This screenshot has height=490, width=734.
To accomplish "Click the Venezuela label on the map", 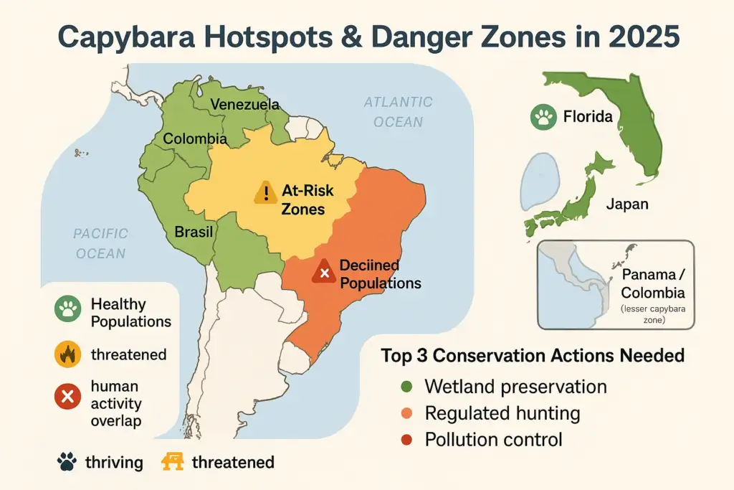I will click(x=244, y=105).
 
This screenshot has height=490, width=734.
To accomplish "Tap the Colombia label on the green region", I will click(x=195, y=139).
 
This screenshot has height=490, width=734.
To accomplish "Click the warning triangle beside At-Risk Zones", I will click(x=265, y=192).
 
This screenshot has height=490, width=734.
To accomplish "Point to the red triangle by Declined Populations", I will click(x=324, y=272).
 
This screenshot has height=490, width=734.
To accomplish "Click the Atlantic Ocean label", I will click(x=398, y=112).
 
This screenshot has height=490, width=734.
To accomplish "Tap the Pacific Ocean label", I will click(x=100, y=243).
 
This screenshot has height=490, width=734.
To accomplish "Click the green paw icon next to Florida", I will click(x=543, y=116).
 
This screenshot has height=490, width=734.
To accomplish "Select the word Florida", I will click(x=588, y=116).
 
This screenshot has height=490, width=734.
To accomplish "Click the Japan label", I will click(x=627, y=204).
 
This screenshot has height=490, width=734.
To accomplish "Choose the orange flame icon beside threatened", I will click(x=67, y=354).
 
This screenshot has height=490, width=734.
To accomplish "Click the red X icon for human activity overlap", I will click(x=67, y=395).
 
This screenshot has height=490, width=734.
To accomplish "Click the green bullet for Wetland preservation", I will click(x=406, y=387).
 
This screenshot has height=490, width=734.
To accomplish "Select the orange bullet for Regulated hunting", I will click(x=406, y=414).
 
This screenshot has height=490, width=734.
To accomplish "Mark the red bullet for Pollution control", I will click(x=406, y=440).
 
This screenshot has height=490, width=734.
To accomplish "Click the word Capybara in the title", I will click(x=143, y=36).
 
